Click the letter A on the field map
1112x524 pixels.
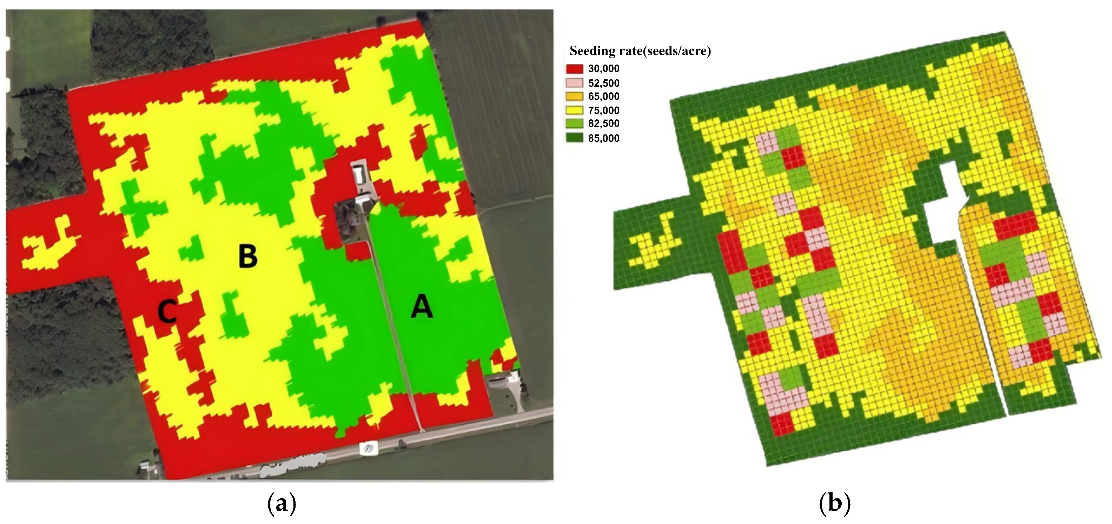421,308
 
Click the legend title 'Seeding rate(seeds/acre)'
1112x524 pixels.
640,51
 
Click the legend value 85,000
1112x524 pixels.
603,138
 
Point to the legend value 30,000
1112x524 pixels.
603,69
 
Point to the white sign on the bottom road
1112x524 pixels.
368,449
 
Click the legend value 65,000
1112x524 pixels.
603,96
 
